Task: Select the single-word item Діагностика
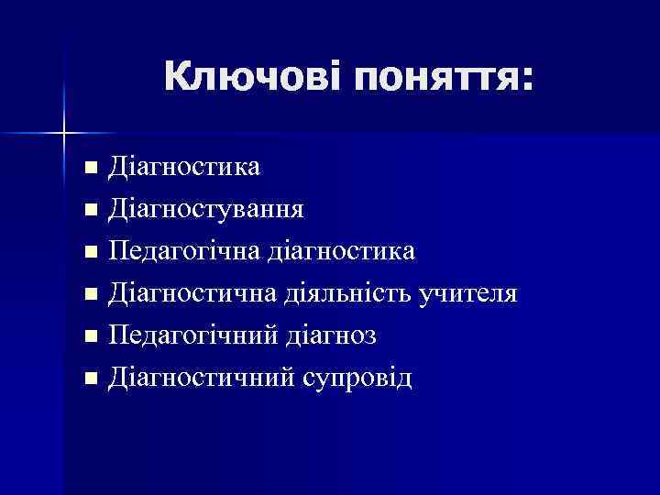coord(184,166)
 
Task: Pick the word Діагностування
coord(206,209)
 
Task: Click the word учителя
coord(468,293)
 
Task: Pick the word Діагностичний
coord(199,378)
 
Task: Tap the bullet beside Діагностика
coord(89,168)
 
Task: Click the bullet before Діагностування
coord(89,210)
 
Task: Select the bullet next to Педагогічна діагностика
coord(89,252)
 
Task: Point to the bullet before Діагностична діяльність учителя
coord(89,294)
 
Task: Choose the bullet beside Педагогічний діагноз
coord(89,336)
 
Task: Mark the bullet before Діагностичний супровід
coord(89,379)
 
